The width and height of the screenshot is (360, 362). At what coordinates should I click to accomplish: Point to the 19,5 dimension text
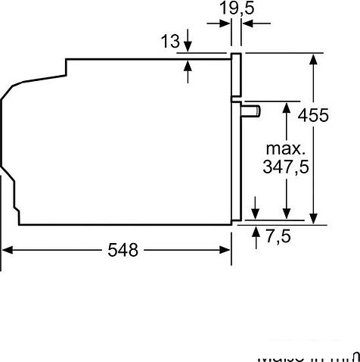coord(237,10)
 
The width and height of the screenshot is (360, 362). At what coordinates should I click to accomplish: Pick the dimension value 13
coord(170,39)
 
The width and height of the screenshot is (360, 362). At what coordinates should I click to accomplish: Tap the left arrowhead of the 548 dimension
coord(7,250)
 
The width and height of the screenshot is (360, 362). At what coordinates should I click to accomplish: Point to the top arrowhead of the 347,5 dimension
coord(287,108)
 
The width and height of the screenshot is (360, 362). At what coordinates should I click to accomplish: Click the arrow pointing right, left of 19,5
coord(225,23)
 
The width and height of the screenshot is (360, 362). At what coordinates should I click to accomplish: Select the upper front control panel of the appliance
coord(237,76)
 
